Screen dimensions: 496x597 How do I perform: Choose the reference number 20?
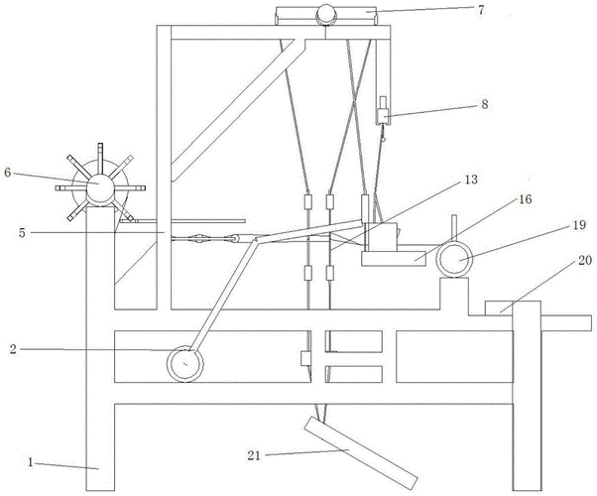(584, 261)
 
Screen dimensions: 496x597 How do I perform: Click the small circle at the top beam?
(326, 13)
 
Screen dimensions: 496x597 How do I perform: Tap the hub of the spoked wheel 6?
(99, 187)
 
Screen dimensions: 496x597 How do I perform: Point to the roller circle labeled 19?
(457, 261)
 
